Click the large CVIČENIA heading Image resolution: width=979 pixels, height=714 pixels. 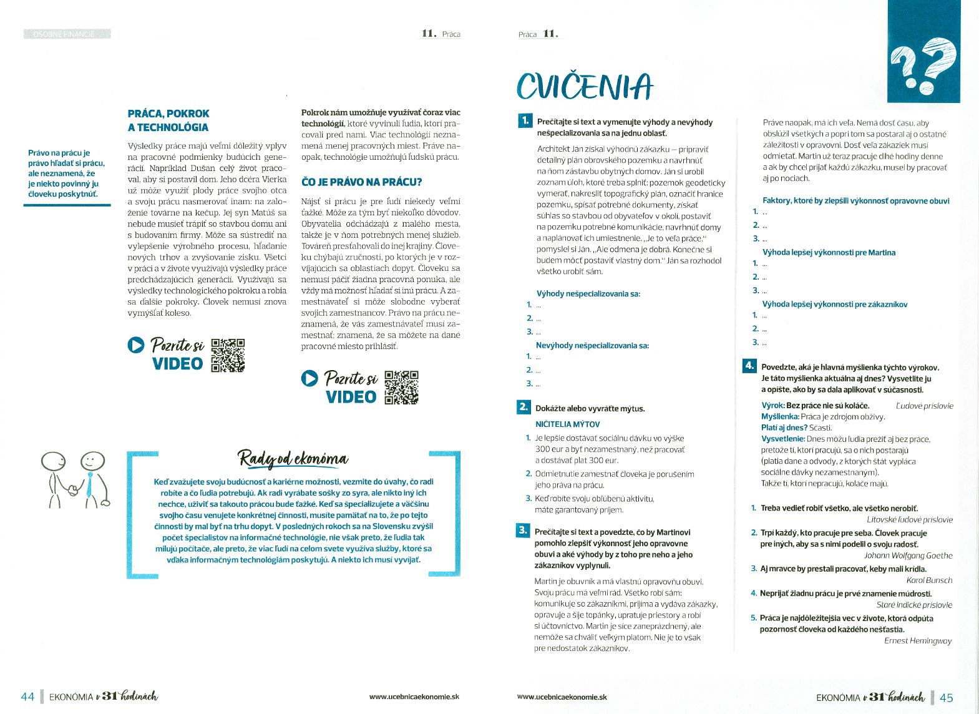click(x=584, y=86)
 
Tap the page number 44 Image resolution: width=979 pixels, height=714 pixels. click(x=27, y=697)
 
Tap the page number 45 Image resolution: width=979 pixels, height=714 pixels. click(x=947, y=698)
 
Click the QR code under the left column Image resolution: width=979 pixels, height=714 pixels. click(x=228, y=355)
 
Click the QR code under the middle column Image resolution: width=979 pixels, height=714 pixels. click(x=401, y=388)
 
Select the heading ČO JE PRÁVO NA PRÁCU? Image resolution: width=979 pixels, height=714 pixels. click(x=361, y=182)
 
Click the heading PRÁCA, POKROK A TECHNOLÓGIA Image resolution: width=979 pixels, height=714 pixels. click(x=168, y=120)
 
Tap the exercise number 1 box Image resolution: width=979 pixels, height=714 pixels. click(x=525, y=121)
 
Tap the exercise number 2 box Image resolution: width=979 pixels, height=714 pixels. click(x=523, y=408)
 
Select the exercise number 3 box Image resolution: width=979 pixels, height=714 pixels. click(x=523, y=531)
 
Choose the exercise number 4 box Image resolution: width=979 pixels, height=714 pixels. click(x=749, y=366)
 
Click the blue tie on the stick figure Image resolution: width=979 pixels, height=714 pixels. click(x=89, y=484)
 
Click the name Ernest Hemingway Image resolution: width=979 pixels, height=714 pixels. click(x=918, y=641)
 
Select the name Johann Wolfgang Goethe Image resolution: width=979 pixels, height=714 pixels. click(x=908, y=555)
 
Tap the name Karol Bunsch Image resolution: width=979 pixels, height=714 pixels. click(x=929, y=580)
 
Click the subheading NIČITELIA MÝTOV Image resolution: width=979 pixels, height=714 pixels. click(x=567, y=424)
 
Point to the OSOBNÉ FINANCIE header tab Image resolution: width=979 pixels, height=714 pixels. click(x=67, y=34)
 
